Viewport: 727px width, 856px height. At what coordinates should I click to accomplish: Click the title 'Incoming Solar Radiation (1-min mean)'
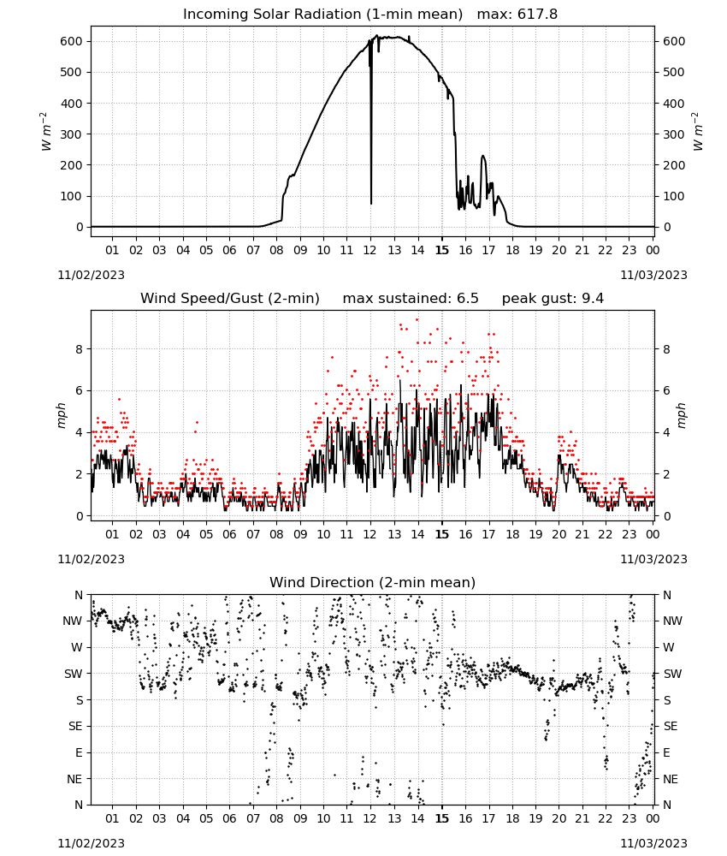pyautogui.click(x=322, y=15)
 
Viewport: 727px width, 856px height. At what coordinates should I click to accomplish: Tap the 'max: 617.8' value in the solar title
pyautogui.click(x=517, y=15)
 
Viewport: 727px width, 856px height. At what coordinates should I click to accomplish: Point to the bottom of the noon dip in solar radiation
pyautogui.click(x=371, y=203)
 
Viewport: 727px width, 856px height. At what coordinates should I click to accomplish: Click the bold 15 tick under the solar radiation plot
pyautogui.click(x=442, y=250)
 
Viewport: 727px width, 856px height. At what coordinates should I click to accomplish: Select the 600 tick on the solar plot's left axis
pyautogui.click(x=72, y=41)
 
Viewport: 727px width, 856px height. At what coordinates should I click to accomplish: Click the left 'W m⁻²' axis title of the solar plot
pyautogui.click(x=46, y=132)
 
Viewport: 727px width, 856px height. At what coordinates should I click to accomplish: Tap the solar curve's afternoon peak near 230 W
pyautogui.click(x=483, y=157)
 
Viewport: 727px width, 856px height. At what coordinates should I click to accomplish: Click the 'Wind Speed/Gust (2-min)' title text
pyautogui.click(x=230, y=299)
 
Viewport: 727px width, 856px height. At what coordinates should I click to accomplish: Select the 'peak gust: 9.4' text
pyautogui.click(x=553, y=299)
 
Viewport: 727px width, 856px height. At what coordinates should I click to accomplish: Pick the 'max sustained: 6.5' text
pyautogui.click(x=411, y=299)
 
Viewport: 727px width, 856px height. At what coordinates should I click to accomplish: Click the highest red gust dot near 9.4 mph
pyautogui.click(x=417, y=320)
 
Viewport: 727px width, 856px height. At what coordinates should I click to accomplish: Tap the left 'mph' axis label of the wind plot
pyautogui.click(x=62, y=415)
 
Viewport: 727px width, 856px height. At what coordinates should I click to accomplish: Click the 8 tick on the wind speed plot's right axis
pyautogui.click(x=666, y=349)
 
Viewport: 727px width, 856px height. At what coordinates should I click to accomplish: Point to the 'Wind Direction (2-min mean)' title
pyautogui.click(x=373, y=582)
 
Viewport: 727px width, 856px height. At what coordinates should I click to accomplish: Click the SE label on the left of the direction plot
pyautogui.click(x=76, y=726)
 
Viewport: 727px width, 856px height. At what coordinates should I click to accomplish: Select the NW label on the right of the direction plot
pyautogui.click(x=672, y=621)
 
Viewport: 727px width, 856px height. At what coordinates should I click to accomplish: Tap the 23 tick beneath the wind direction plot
pyautogui.click(x=629, y=818)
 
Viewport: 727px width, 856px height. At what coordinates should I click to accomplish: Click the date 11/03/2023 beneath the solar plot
pyautogui.click(x=653, y=275)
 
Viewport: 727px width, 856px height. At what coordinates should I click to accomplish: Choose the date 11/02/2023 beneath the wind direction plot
pyautogui.click(x=91, y=843)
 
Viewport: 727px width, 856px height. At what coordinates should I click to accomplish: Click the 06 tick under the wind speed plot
pyautogui.click(x=229, y=534)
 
